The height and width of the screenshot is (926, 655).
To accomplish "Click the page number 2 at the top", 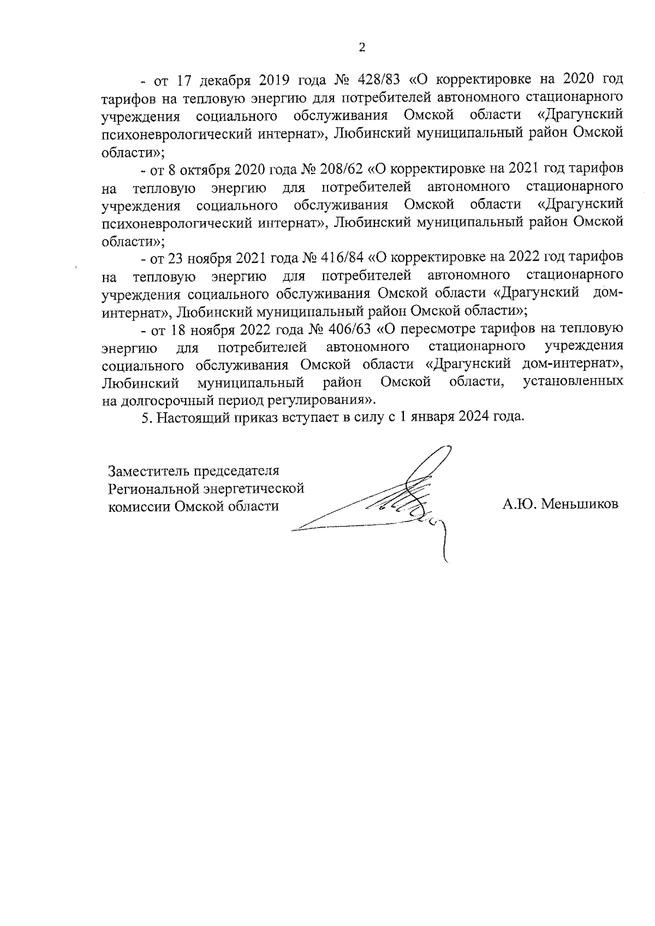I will coord(361,47).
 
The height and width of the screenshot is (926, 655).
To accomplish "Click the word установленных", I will coord(573,382).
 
